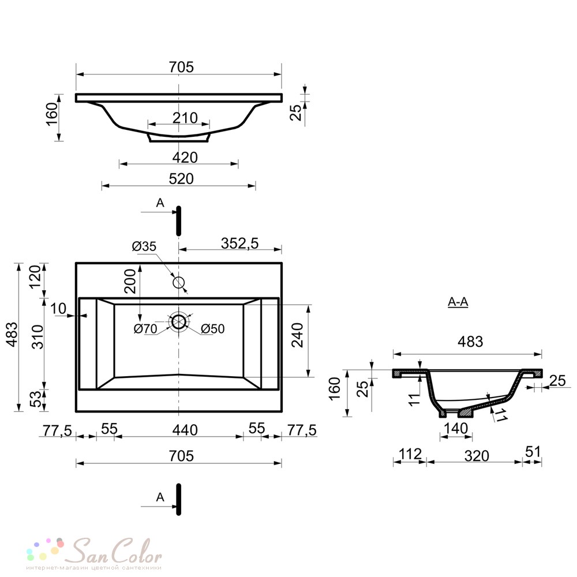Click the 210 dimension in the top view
pyautogui.click(x=185, y=118)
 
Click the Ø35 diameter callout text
pyautogui.click(x=144, y=246)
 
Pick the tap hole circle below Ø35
pyautogui.click(x=179, y=282)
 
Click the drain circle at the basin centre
pyautogui.click(x=179, y=322)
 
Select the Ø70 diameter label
pyautogui.click(x=145, y=329)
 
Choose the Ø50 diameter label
pyautogui.click(x=212, y=329)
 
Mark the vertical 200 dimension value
pyautogui.click(x=132, y=281)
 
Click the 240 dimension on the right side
pyautogui.click(x=298, y=334)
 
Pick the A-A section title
pyautogui.click(x=458, y=302)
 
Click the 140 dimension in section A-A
pyautogui.click(x=456, y=429)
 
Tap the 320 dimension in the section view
pyautogui.click(x=477, y=456)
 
